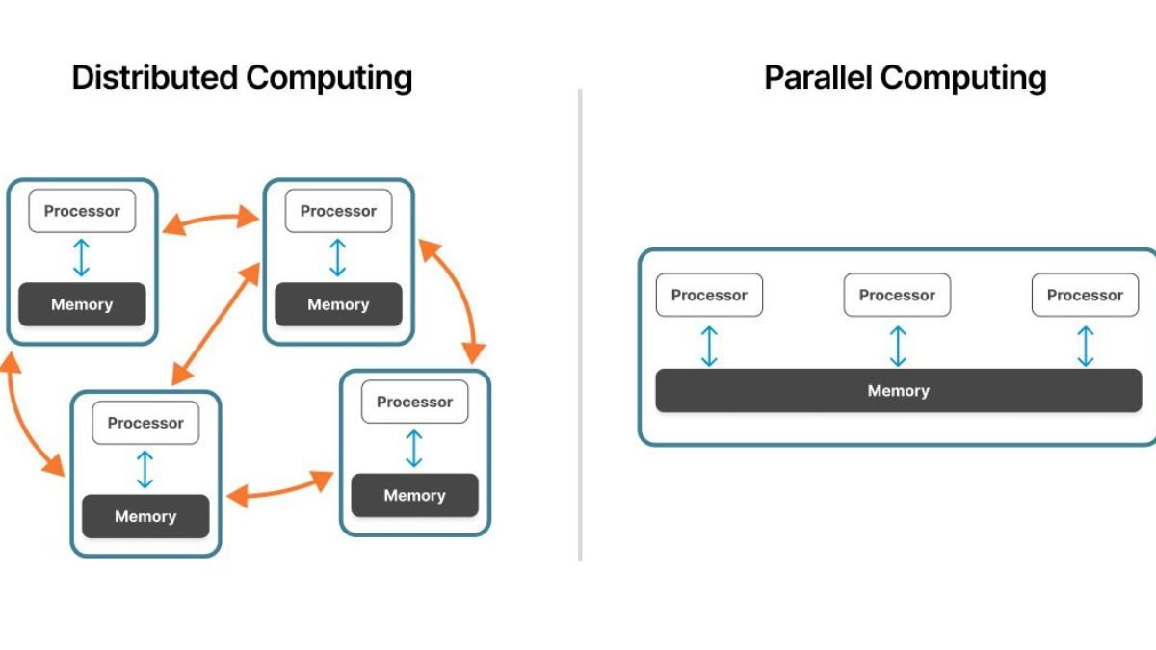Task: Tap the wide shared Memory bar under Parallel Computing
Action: (x=898, y=391)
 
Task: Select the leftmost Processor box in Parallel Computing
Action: (x=709, y=296)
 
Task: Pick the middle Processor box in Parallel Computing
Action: (x=897, y=296)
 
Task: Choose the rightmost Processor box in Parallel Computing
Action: (x=1085, y=296)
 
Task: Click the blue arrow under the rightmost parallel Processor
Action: (x=1085, y=346)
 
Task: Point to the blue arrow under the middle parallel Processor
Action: (x=898, y=346)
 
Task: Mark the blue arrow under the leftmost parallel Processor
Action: (x=709, y=346)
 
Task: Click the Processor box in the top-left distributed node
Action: (x=82, y=211)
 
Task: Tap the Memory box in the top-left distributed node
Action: (x=82, y=304)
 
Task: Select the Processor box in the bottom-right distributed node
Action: (x=414, y=402)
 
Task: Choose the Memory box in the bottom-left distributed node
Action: (x=145, y=516)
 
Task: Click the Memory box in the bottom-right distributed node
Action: (x=414, y=495)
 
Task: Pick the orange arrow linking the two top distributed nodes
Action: (x=210, y=221)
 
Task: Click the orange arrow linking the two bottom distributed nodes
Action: (x=280, y=490)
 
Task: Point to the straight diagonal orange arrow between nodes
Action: (x=217, y=323)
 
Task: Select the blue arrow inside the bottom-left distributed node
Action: (x=145, y=469)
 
